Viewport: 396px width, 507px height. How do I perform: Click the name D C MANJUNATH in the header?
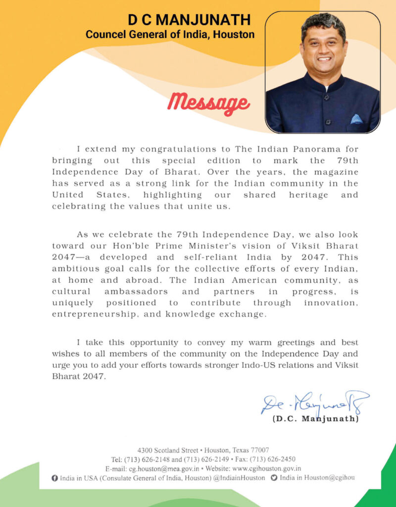189,20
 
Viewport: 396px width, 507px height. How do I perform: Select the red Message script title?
208,102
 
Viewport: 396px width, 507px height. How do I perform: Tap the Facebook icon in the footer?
54,478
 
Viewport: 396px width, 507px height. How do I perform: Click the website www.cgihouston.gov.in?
267,468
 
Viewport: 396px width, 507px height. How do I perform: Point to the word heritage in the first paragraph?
308,195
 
